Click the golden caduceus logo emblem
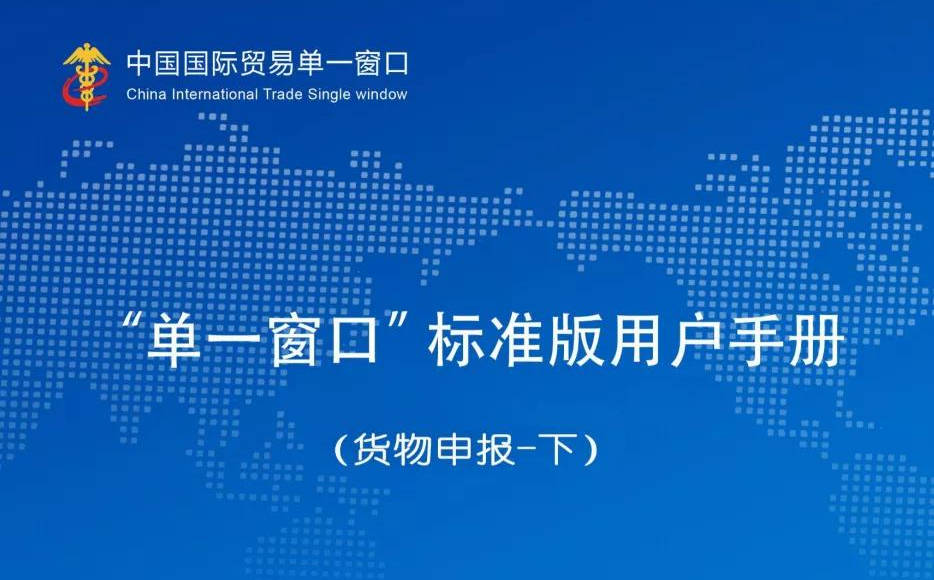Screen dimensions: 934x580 pyautogui.click(x=87, y=77)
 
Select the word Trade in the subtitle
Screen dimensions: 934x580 pyautogui.click(x=284, y=94)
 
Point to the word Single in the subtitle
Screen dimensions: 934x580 pyautogui.click(x=329, y=95)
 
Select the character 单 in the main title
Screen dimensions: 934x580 pyautogui.click(x=174, y=338)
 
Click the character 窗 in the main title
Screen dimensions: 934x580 pyautogui.click(x=294, y=338)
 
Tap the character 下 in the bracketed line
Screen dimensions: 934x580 pyautogui.click(x=559, y=449)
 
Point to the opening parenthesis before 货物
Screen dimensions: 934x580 pyautogui.click(x=340, y=450)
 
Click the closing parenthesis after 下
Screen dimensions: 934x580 pyautogui.click(x=590, y=450)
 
